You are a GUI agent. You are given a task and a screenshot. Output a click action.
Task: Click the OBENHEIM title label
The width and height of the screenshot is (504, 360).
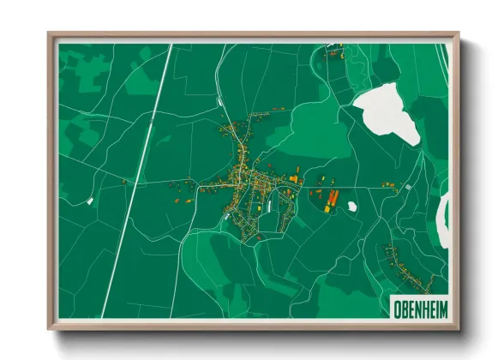coord(417,306)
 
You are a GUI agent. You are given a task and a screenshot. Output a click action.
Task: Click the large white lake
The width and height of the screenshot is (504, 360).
coord(387,113)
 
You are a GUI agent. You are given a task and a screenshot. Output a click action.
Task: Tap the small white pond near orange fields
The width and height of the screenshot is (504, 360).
coord(352,206)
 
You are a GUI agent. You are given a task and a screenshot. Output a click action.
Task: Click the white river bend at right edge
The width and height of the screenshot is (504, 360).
coord(442,219)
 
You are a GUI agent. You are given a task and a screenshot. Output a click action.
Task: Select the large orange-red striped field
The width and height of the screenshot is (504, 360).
coord(332,199)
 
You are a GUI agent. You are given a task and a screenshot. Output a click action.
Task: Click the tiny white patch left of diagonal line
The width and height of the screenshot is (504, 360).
coord(90,201)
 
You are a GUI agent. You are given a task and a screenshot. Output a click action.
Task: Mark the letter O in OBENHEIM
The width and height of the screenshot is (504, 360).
coord(395,306)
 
